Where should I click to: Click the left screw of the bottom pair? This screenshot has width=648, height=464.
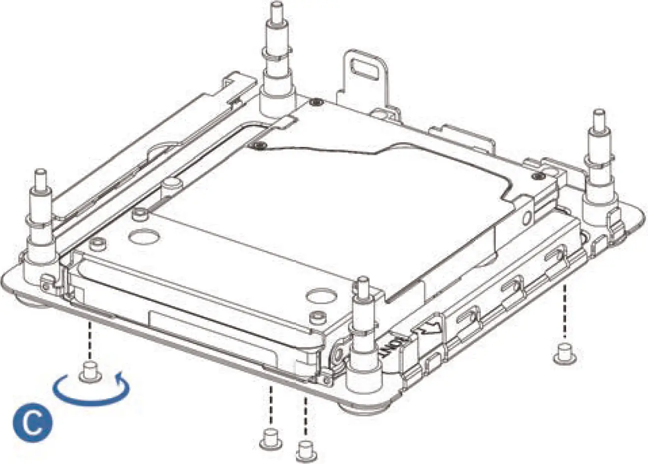[269, 437]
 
